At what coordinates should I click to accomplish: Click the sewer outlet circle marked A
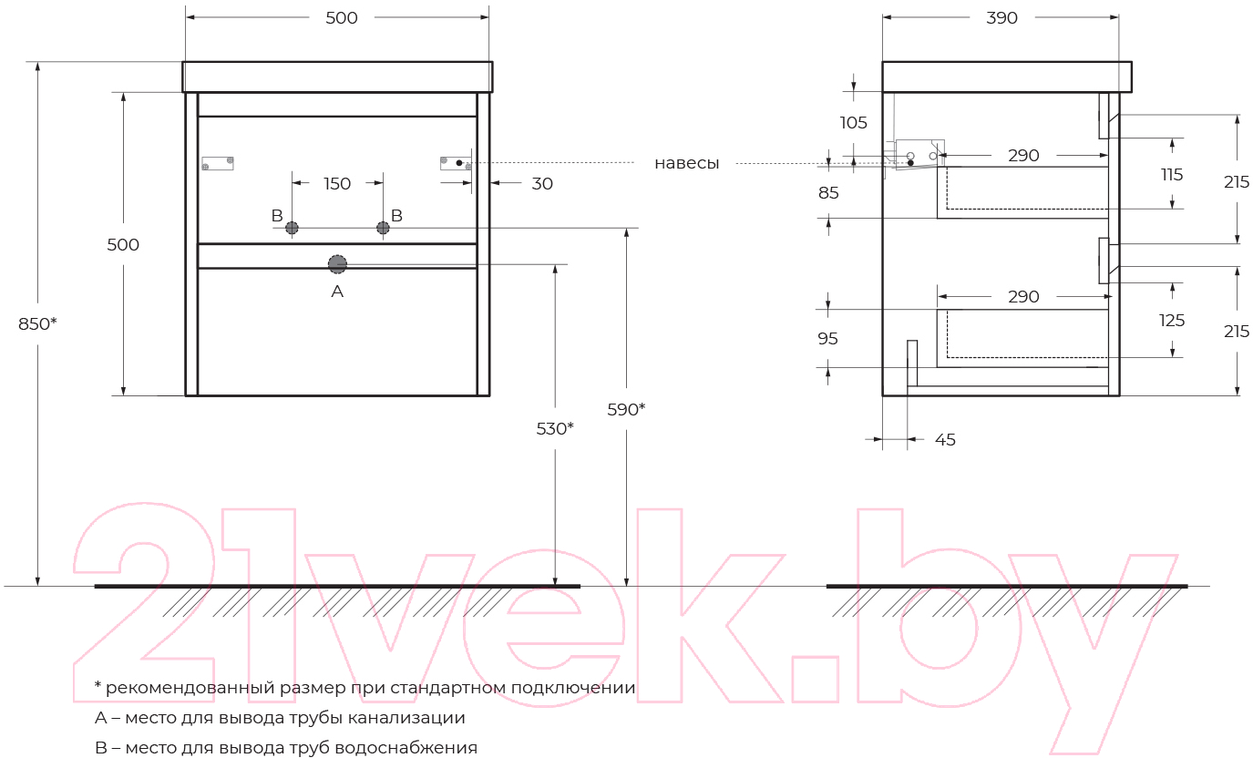point(337,264)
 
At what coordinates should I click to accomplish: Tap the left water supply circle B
point(292,228)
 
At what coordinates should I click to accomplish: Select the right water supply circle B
point(383,228)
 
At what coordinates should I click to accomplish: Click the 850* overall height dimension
point(37,323)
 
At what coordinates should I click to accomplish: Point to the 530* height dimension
point(555,428)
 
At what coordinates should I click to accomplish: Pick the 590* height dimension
point(627,409)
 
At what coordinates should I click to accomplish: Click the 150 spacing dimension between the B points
point(337,183)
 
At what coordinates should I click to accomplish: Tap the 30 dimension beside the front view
point(542,183)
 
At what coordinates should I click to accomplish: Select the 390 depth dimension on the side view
point(1001,18)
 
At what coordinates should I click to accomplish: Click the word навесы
point(687,163)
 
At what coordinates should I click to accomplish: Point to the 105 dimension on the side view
point(854,122)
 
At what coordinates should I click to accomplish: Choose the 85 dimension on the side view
point(828,193)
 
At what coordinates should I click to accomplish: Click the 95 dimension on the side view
point(827,338)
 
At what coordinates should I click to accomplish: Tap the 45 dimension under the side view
point(945,440)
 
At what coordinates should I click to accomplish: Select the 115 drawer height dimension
point(1172,175)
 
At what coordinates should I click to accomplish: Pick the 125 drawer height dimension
point(1172,321)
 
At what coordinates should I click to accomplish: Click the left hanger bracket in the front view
point(218,163)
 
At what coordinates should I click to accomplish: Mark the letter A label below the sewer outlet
point(337,292)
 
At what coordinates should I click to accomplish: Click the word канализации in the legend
point(406,718)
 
